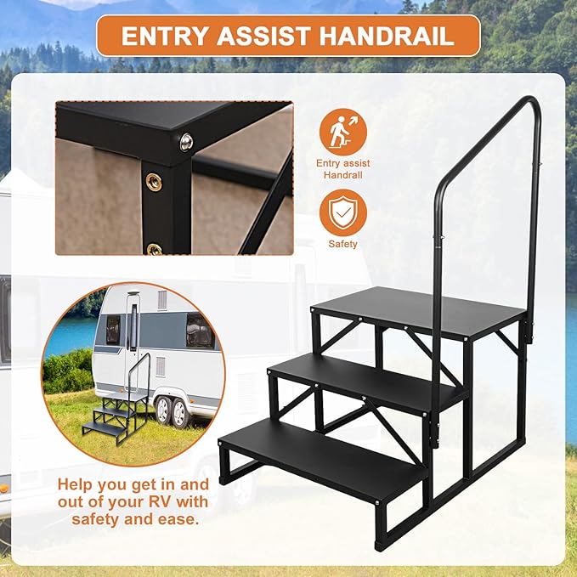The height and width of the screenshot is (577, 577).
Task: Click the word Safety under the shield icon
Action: pos(343,245)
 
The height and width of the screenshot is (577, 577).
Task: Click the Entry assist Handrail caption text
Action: pos(343,168)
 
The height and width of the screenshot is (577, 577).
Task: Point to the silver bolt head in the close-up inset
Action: pos(186,142)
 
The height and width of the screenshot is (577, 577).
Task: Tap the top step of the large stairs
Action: pos(416,310)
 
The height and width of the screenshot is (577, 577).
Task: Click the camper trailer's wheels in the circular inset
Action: pos(169,411)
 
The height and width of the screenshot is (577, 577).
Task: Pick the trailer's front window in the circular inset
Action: pos(200,331)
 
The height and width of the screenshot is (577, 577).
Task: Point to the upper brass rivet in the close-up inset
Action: pos(154,181)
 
